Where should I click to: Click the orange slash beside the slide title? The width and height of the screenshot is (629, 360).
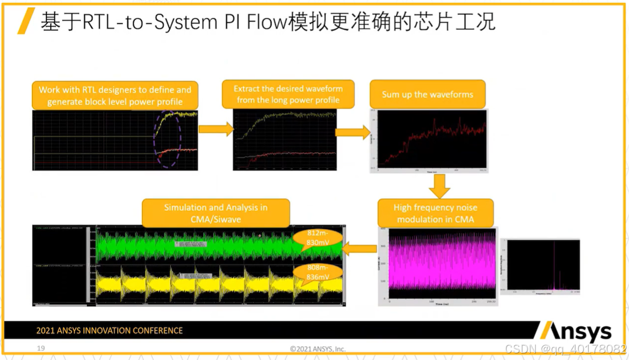pos(26,21)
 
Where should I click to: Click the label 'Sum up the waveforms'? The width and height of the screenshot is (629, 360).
pos(427,94)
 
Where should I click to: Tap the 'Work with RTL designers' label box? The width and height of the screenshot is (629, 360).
pos(115,96)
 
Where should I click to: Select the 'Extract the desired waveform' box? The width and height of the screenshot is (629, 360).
pos(288,95)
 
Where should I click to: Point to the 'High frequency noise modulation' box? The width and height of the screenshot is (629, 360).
pos(435,213)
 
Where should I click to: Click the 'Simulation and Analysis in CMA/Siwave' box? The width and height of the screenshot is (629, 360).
pos(216,213)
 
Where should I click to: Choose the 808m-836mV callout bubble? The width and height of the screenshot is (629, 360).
pos(318,272)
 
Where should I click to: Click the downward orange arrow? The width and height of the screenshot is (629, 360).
pos(439,186)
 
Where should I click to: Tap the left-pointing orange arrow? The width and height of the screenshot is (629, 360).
pos(359,249)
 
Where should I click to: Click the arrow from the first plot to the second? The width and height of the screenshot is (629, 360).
pos(216,129)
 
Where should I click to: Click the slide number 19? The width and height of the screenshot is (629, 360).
pos(41,348)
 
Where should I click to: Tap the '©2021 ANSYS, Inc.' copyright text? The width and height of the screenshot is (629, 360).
pos(318,348)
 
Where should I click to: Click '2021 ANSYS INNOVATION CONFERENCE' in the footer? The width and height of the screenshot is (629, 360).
pos(109,331)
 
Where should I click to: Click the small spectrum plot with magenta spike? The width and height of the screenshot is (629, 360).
pos(543,265)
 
